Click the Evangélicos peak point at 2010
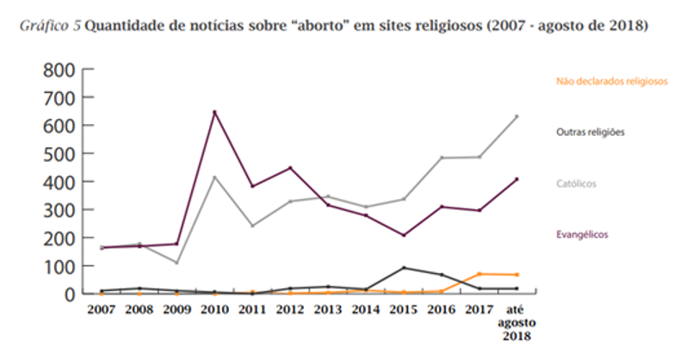[x=214, y=112]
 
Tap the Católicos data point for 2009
[x=176, y=262]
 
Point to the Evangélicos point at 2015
[x=403, y=235]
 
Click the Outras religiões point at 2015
[x=403, y=268]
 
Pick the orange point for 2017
[x=479, y=274]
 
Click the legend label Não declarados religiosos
[x=611, y=82]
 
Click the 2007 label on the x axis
[x=101, y=309]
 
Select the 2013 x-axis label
[x=327, y=309]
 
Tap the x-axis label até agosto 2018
[x=517, y=322]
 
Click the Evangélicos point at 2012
[x=290, y=168]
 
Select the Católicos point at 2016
[x=441, y=158]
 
